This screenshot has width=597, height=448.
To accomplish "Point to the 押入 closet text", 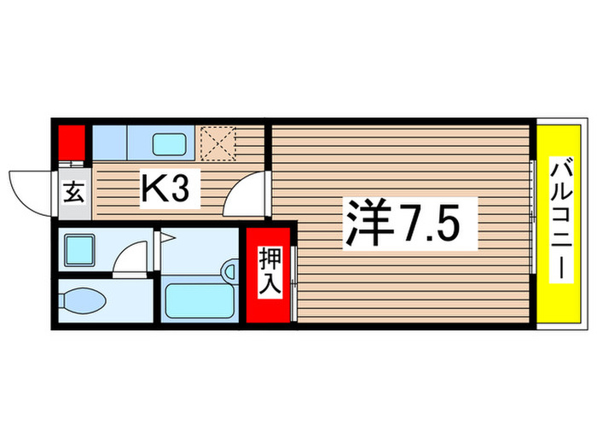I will tap(270, 274).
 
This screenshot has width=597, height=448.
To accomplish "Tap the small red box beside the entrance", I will tap(71, 141).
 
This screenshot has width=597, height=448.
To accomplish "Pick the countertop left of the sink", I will tap(109, 142).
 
